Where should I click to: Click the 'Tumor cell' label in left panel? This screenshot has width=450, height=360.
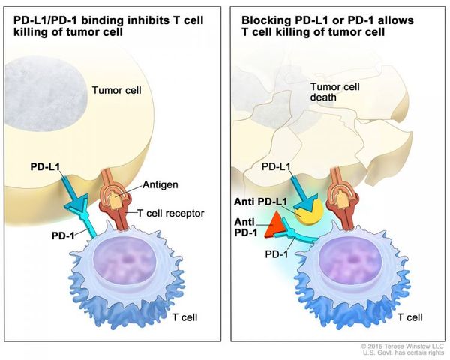coord(115,91)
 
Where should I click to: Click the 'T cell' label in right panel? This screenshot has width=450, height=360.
coord(409,316)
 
